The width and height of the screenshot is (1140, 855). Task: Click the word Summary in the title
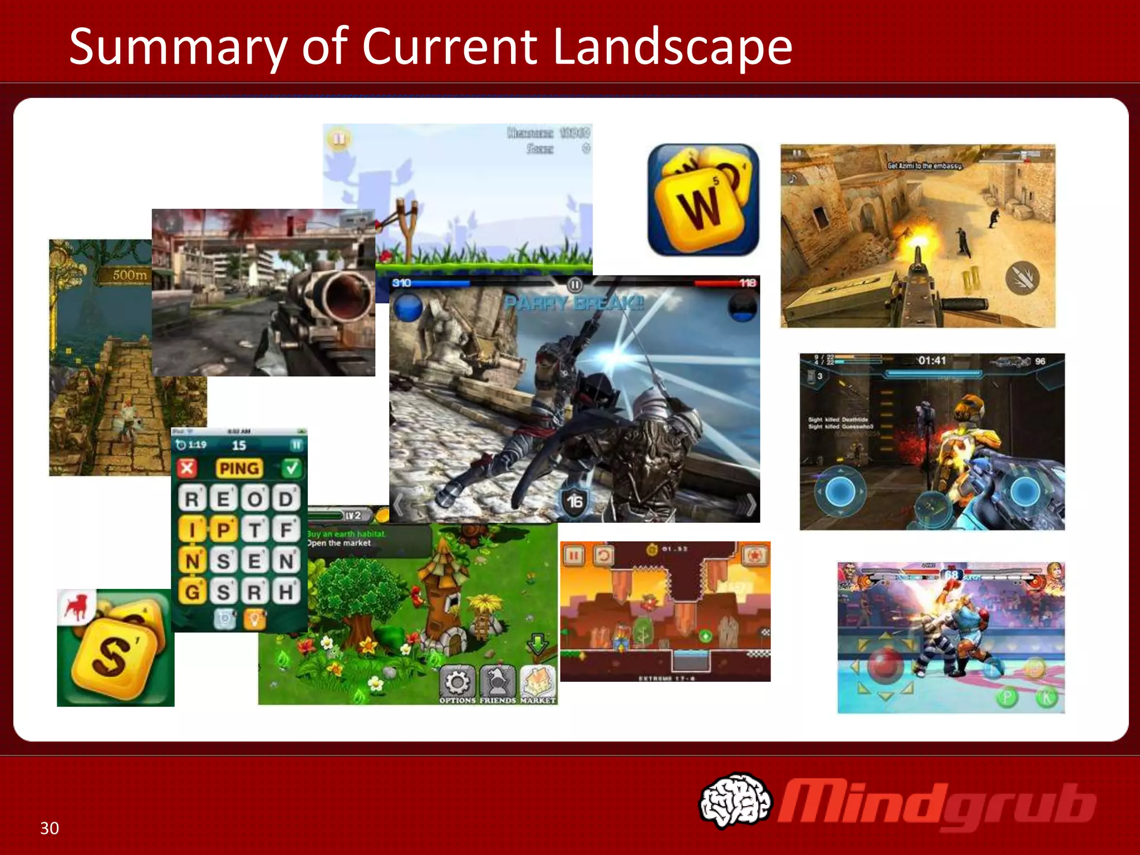click(x=178, y=48)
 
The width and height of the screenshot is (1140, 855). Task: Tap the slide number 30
click(x=50, y=828)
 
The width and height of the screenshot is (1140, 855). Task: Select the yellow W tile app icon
click(x=703, y=200)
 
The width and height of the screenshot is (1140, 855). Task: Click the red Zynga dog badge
click(x=77, y=606)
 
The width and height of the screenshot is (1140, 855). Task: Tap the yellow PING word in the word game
click(x=239, y=468)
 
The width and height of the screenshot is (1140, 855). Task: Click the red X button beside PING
click(x=187, y=468)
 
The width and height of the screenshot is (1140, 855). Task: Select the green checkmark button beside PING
click(x=291, y=468)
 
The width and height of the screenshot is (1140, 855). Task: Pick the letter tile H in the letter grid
click(x=286, y=591)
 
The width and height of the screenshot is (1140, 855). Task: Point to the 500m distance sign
click(x=129, y=275)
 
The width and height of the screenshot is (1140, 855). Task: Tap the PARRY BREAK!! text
click(x=573, y=303)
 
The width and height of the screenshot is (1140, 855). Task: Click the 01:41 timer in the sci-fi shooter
click(x=932, y=361)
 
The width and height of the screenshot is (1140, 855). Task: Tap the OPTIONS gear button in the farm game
click(x=458, y=682)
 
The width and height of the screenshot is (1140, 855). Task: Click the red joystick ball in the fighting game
click(x=885, y=665)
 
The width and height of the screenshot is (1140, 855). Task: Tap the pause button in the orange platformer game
click(x=574, y=555)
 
